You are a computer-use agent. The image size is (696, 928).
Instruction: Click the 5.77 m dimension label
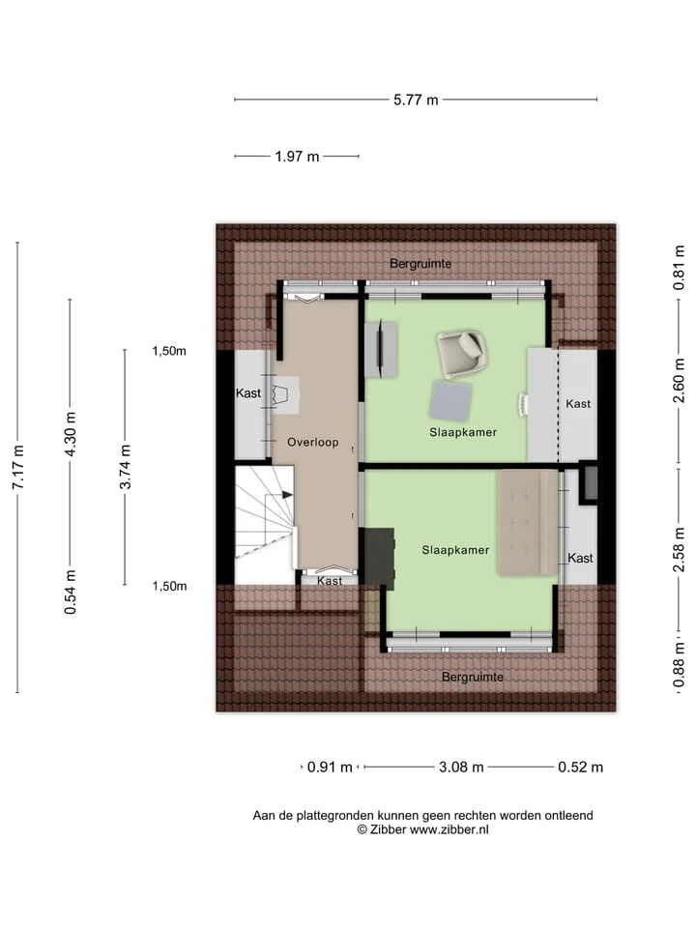point(416,100)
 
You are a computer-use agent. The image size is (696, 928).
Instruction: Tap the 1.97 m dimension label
point(297,157)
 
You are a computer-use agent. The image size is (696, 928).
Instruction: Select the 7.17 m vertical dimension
point(17,467)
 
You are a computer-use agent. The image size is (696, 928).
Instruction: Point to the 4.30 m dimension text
point(70,434)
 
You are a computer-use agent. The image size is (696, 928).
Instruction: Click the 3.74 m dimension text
point(125,467)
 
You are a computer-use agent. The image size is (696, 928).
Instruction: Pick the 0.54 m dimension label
point(70,592)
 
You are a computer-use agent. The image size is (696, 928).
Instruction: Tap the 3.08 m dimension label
point(461,767)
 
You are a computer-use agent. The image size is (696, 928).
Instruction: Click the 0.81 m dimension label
point(679,268)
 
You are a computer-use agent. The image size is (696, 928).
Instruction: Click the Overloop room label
point(312,442)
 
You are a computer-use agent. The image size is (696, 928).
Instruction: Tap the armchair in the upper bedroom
point(462,355)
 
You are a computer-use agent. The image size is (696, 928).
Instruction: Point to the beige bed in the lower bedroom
point(527,522)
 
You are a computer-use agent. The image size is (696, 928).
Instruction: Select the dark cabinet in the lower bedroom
point(379,558)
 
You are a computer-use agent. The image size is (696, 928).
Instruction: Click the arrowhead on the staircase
point(288,495)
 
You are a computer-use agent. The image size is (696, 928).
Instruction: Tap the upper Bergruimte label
point(420,263)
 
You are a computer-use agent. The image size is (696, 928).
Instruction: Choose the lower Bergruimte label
point(473,677)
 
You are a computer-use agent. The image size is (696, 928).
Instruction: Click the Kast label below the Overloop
point(329,581)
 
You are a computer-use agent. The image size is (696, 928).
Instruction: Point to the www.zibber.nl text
point(449,829)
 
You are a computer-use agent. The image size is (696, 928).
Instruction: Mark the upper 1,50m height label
point(169,351)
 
